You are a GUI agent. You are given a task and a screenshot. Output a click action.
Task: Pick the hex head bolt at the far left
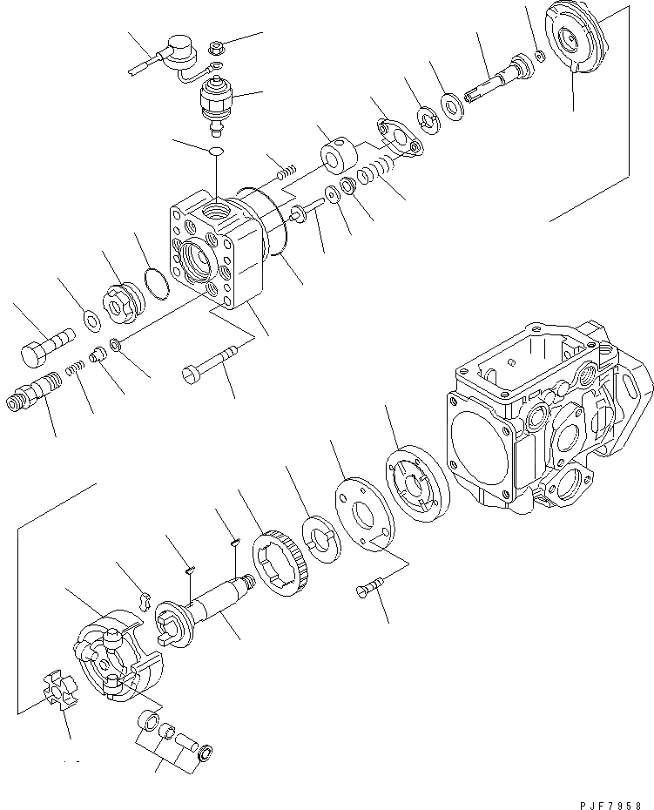click(45, 343)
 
